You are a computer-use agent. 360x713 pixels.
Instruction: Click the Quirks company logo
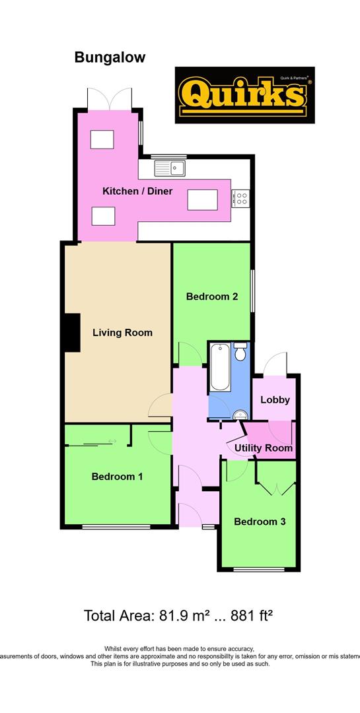pyautogui.click(x=244, y=95)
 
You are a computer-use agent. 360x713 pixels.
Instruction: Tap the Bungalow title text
pyautogui.click(x=110, y=58)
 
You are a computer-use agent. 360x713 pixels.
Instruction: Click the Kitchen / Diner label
pyautogui.click(x=137, y=191)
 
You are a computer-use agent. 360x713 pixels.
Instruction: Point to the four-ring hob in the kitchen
pyautogui.click(x=240, y=196)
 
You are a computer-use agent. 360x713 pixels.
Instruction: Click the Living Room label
pyautogui.click(x=122, y=332)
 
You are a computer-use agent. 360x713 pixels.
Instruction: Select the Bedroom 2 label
pyautogui.click(x=211, y=296)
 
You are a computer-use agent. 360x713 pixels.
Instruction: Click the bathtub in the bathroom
pyautogui.click(x=219, y=367)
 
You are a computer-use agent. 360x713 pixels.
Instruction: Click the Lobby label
pyautogui.click(x=275, y=399)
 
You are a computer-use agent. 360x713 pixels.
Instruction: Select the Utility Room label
pyautogui.click(x=264, y=448)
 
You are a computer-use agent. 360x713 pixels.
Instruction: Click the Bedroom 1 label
pyautogui.click(x=117, y=476)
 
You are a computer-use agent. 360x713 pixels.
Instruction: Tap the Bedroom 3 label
pyautogui.click(x=260, y=522)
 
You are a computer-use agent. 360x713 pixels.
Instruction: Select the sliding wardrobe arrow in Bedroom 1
pyautogui.click(x=112, y=441)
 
